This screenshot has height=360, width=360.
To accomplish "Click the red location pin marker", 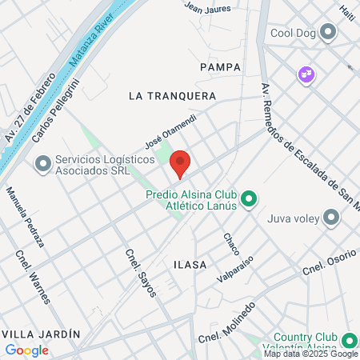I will (x=180, y=163).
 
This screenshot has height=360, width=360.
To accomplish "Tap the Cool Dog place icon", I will (x=327, y=33).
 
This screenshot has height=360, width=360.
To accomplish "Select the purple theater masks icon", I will (x=305, y=74).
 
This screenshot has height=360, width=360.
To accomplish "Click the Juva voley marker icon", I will (x=331, y=217).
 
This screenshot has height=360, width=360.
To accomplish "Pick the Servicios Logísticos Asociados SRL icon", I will (x=42, y=165).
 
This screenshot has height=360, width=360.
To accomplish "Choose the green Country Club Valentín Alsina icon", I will (x=349, y=338).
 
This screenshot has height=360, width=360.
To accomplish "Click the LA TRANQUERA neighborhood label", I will (x=173, y=95).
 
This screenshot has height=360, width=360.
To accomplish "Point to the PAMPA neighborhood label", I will (x=221, y=66).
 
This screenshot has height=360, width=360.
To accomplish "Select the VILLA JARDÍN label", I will (x=41, y=333).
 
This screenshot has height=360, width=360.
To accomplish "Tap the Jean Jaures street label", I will (x=207, y=8).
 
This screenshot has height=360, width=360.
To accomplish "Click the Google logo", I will (x=26, y=350).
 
